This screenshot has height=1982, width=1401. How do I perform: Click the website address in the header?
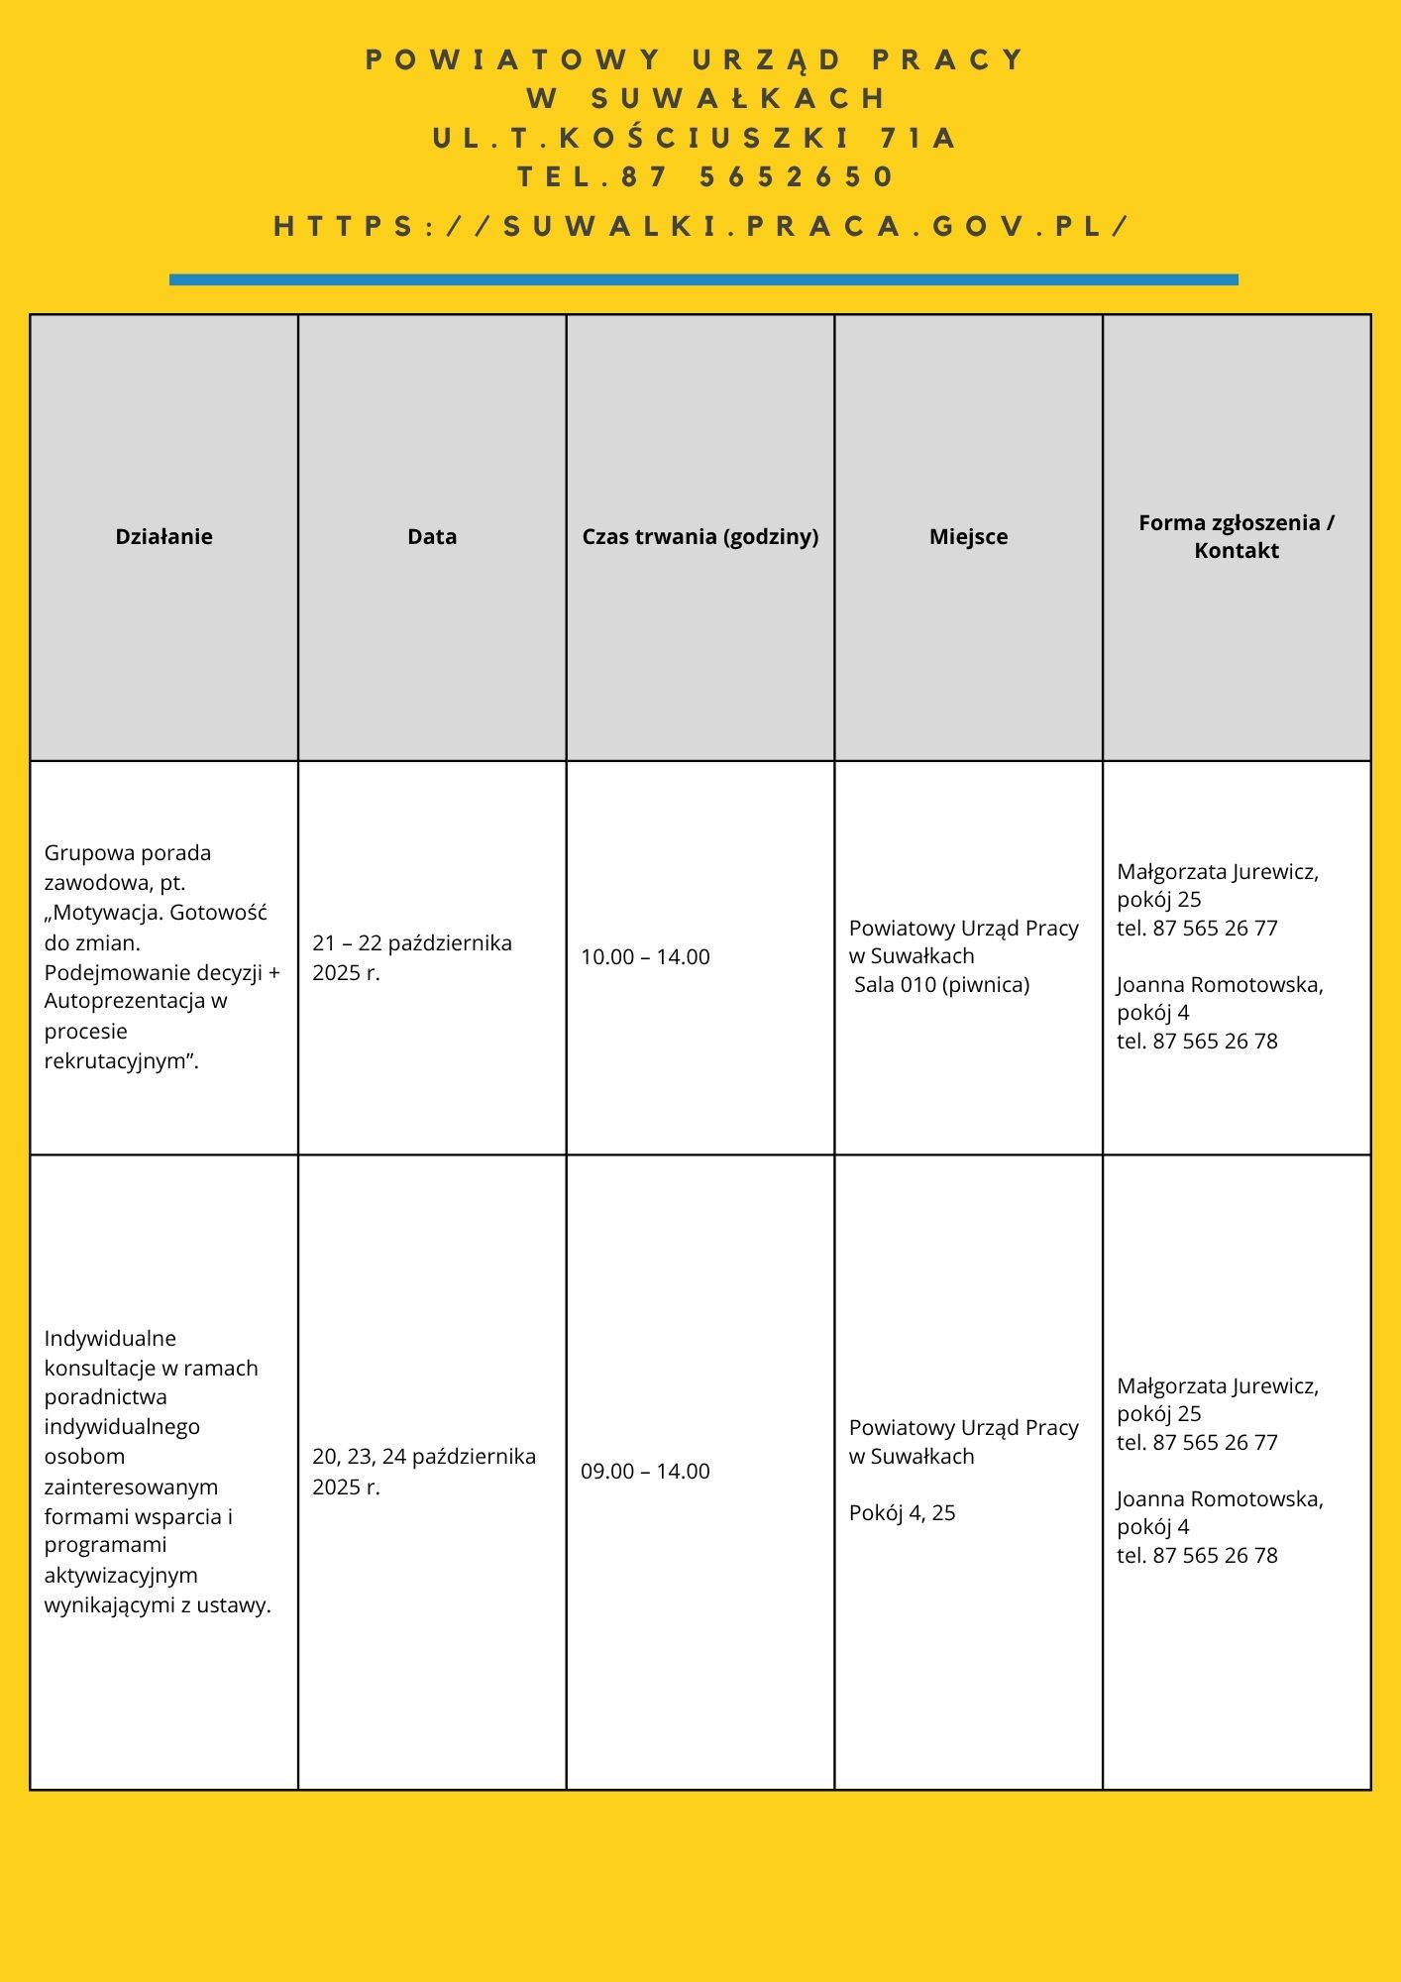pos(700,227)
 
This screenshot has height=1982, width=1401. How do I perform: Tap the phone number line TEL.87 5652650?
pos(705,177)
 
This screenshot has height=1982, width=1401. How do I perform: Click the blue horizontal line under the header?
pos(703,279)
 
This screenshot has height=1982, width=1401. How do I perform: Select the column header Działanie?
pos(164,537)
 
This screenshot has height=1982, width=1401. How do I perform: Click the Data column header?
pos(432,537)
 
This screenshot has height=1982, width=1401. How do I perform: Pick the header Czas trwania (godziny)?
pos(700,537)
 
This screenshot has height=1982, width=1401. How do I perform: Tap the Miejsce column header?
pos(968,537)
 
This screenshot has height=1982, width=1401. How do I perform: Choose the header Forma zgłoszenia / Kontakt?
pos(1237,536)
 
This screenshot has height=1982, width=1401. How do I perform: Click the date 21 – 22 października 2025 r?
pos(412,957)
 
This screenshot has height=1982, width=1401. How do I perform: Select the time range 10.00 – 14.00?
pos(645,957)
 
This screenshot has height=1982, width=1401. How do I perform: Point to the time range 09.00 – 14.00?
pos(645,1472)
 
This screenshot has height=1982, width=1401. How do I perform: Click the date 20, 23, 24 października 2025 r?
pos(424,1472)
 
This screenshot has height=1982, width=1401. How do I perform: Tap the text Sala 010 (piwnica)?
pos(941,985)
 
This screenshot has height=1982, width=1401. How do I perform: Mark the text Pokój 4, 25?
pos(902,1513)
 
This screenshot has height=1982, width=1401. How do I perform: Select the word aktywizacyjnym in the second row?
pos(121,1576)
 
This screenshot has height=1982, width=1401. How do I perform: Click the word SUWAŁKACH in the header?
pos(739,98)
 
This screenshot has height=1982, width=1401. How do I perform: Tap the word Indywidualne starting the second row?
pos(110,1339)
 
